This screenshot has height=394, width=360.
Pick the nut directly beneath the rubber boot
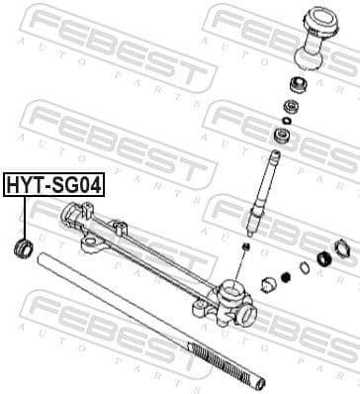(294, 83)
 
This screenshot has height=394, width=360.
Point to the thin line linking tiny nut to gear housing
(243, 261)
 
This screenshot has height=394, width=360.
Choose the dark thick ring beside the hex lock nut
(322, 260)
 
